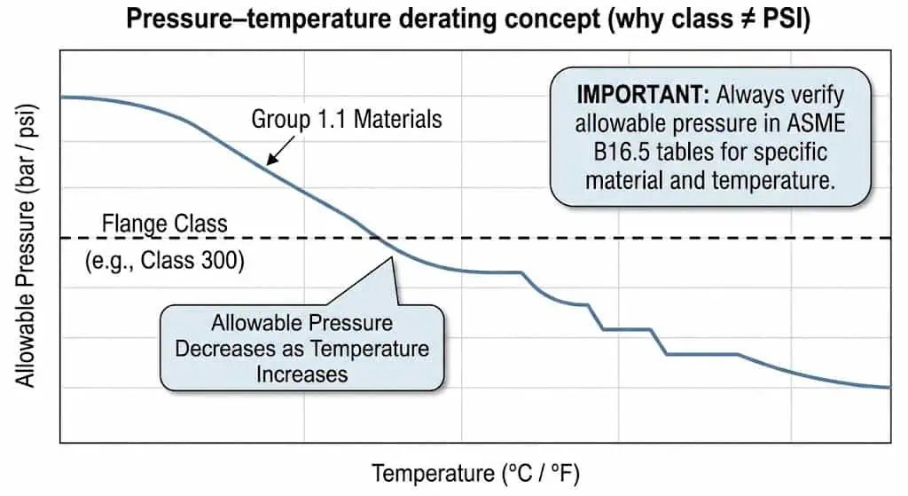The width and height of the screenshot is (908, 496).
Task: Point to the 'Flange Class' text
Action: tap(165, 223)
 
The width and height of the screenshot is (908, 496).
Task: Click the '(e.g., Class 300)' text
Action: tap(165, 262)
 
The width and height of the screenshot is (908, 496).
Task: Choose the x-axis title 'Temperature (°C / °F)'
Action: tap(475, 473)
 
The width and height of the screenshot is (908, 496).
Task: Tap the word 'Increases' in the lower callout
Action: tap(301, 374)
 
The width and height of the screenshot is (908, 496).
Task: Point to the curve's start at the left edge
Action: tap(61, 96)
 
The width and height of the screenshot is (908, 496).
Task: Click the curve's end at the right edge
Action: tap(889, 387)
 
